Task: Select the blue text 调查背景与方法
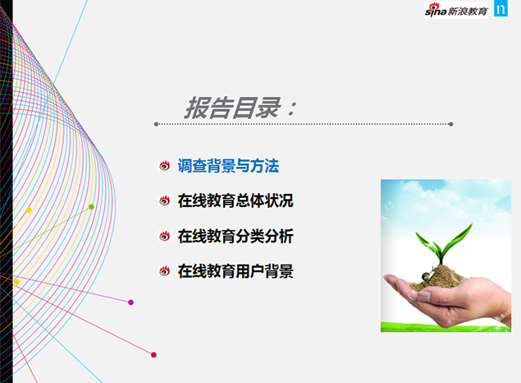point(228,166)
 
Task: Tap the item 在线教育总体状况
point(235,201)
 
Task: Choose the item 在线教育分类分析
point(235,237)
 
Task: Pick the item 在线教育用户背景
point(235,271)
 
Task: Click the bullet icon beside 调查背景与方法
point(165,166)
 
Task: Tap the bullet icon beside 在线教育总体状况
point(165,201)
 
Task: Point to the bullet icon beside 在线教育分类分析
point(165,237)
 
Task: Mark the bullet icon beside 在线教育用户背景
point(165,271)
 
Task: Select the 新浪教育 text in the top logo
point(469,11)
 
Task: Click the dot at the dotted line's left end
point(156,125)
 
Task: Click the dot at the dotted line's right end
point(451,125)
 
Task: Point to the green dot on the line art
point(91,207)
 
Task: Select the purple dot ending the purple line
point(130,302)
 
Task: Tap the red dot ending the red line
point(153,355)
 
